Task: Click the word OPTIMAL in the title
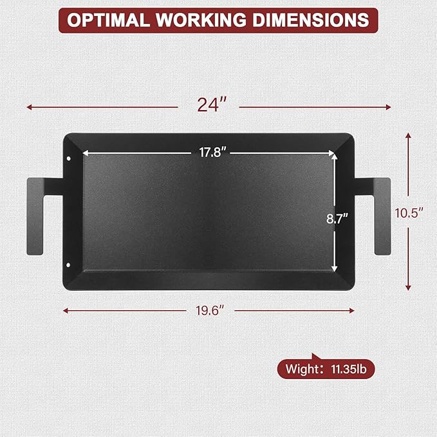pos(109,20)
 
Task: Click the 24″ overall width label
pos(212,106)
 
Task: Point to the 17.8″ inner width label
pos(212,153)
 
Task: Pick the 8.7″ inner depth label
pos(337,218)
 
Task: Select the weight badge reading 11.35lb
pos(326,369)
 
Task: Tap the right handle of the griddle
pos(382,216)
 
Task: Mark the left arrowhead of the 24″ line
pos(29,107)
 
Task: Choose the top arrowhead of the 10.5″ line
pos(408,136)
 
